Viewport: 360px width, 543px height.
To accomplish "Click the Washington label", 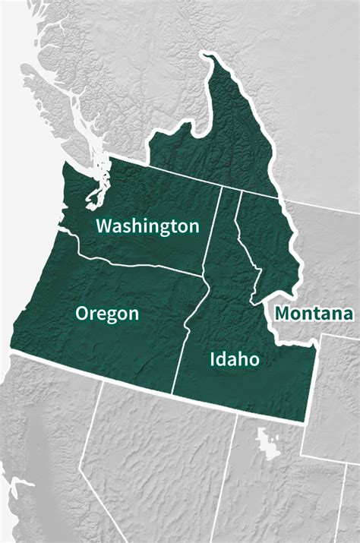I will [147, 226].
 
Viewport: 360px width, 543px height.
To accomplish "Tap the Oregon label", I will [107, 314].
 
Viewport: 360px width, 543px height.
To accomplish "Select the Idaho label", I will [234, 359].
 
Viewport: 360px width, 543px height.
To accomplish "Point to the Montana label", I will [314, 313].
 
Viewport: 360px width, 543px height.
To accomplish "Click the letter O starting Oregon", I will [83, 314].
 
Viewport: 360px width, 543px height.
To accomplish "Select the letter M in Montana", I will [283, 313].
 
